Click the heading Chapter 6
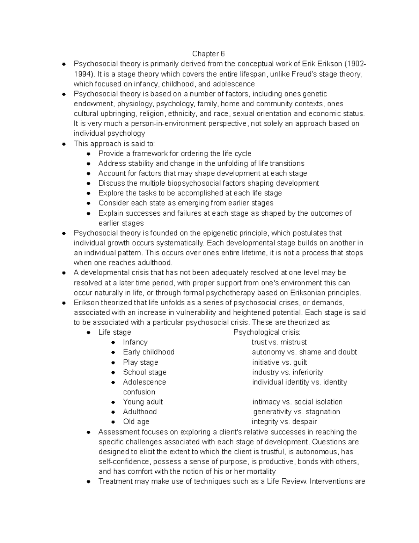coord(208,54)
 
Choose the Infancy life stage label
coord(135,342)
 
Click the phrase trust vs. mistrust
coord(279,342)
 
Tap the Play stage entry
coord(140,362)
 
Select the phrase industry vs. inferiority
coord(287,372)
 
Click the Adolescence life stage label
coord(144,382)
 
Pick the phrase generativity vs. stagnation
coord(296,412)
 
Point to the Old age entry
coord(136,422)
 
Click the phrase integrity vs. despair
coord(284,422)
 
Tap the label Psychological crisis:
coord(267,333)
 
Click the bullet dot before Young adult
coord(113,402)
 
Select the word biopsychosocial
coord(206,183)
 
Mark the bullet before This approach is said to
coord(64,144)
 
